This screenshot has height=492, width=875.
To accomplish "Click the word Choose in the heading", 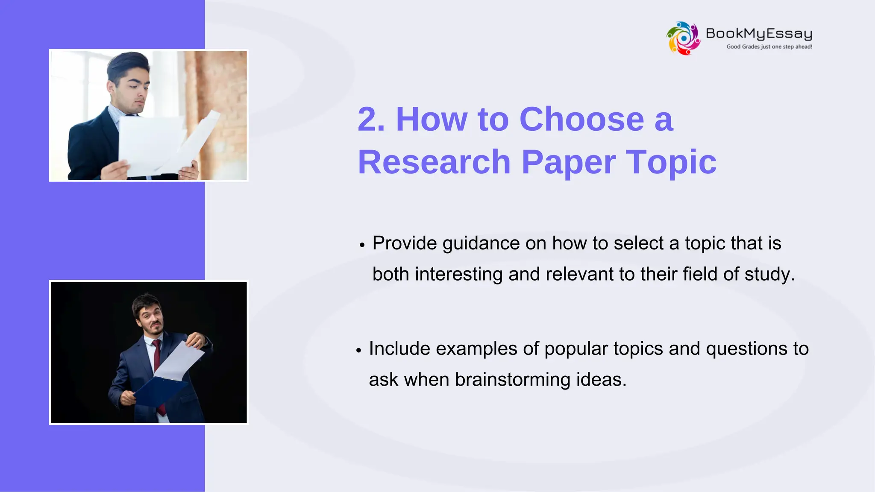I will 581,119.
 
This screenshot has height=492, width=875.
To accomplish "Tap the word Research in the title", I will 434,162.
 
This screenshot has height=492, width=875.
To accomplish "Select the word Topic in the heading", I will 671,162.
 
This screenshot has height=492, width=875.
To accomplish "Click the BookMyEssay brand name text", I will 759,33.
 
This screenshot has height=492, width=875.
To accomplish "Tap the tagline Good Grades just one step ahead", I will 769,47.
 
